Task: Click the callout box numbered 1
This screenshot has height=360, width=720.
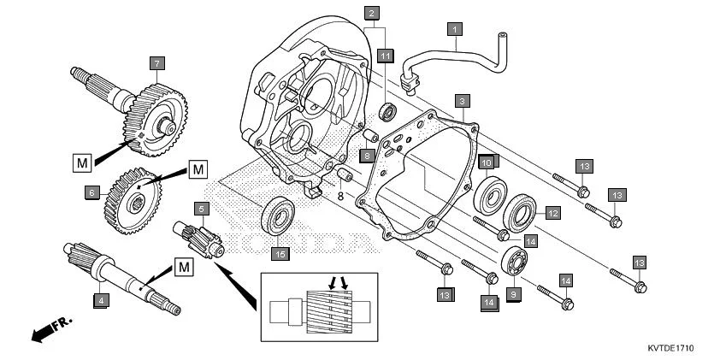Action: click(x=456, y=29)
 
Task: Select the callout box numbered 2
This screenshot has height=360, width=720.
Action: click(x=371, y=13)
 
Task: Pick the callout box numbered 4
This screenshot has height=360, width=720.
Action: click(x=101, y=300)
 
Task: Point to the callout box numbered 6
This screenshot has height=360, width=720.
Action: click(x=91, y=193)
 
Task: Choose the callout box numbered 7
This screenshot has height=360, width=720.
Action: click(x=156, y=62)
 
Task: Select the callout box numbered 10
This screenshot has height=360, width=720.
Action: click(x=486, y=162)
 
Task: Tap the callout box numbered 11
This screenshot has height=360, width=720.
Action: click(x=387, y=56)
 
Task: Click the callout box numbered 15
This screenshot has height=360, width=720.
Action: click(x=279, y=253)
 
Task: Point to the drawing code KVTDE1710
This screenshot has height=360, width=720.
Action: click(x=670, y=349)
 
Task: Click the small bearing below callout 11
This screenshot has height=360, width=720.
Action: click(x=388, y=111)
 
